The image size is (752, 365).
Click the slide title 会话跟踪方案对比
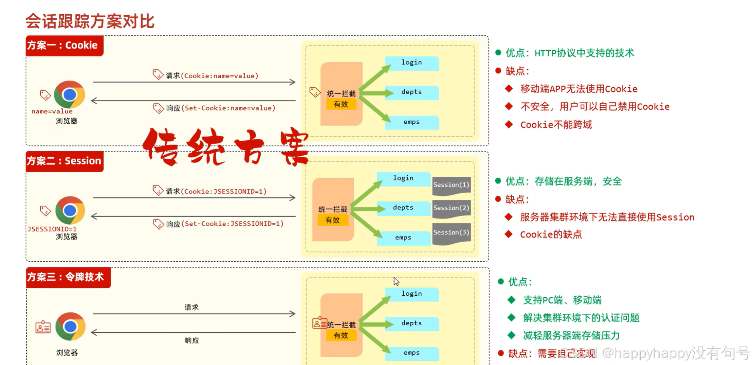click(x=90, y=21)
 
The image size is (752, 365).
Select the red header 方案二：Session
click(x=64, y=161)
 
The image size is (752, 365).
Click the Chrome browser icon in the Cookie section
click(x=70, y=94)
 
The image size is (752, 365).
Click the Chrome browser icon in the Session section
click(x=70, y=210)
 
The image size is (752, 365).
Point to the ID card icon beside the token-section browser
click(x=43, y=327)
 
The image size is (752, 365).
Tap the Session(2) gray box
click(x=451, y=208)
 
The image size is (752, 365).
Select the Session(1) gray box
click(x=451, y=185)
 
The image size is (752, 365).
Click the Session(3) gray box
click(x=451, y=233)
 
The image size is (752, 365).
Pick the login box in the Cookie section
click(x=412, y=63)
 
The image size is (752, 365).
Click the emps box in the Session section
click(x=403, y=238)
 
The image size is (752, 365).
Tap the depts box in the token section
click(x=412, y=323)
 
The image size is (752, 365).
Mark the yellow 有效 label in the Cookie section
click(x=341, y=104)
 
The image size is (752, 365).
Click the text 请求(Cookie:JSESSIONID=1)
click(x=216, y=191)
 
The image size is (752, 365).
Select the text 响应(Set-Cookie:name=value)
click(x=220, y=108)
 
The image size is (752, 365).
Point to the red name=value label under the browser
click(x=52, y=111)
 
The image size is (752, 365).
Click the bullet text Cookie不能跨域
click(x=556, y=125)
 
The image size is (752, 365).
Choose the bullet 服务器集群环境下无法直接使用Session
click(x=607, y=217)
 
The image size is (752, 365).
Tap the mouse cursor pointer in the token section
click(x=396, y=281)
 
